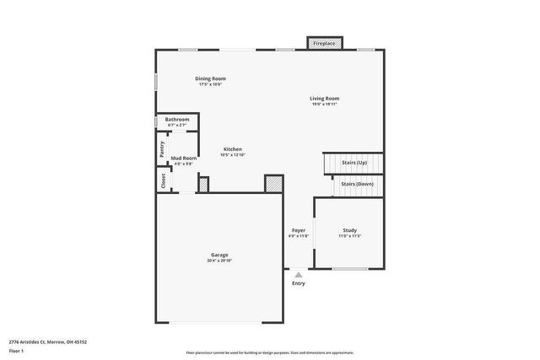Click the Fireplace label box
[x=325, y=43]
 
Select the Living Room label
[x=325, y=99]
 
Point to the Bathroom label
[x=177, y=120]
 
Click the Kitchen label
[x=232, y=149]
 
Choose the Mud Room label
[x=184, y=159]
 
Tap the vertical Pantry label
[x=162, y=148]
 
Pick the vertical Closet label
[x=163, y=180]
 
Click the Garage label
[x=219, y=255]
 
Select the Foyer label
[x=299, y=230]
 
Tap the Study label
[x=349, y=230]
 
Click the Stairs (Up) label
[x=354, y=162]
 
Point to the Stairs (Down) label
[x=357, y=183]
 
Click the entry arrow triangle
[x=298, y=274]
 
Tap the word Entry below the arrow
[x=299, y=283]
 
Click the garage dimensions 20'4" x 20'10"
[x=219, y=261]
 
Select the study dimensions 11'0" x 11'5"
[x=349, y=237]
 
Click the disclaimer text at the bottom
[x=270, y=352]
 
